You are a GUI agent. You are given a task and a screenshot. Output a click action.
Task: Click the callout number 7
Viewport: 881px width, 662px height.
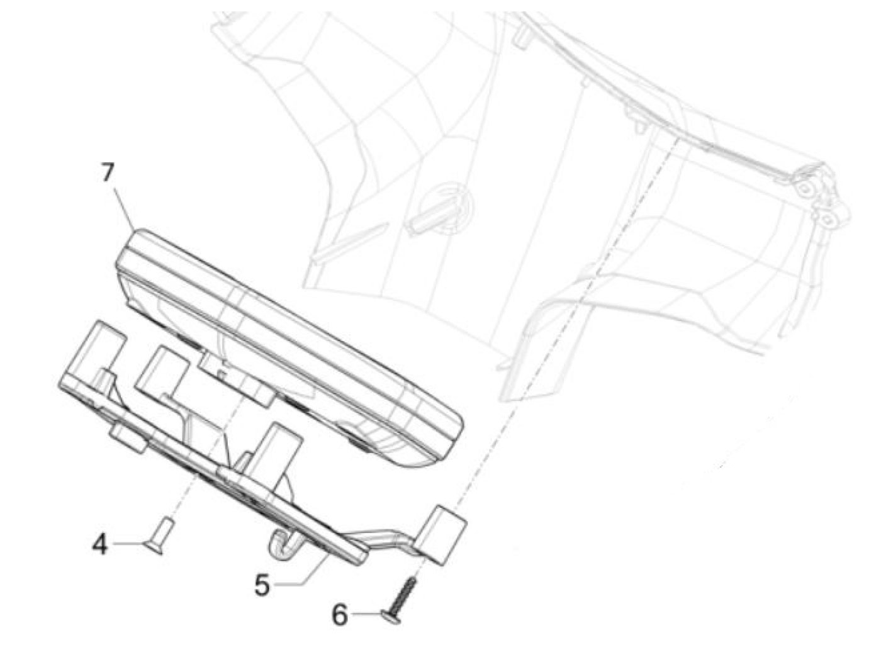108,172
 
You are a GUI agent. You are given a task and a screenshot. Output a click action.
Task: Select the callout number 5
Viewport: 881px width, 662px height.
262,585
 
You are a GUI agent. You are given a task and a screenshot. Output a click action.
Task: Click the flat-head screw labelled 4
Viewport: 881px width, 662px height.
158,536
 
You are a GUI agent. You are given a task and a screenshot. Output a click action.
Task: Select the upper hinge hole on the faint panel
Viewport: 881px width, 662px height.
805,189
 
